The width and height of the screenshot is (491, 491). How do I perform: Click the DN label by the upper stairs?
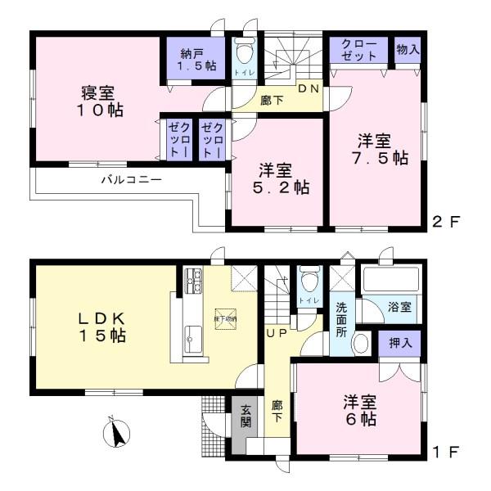click(307, 88)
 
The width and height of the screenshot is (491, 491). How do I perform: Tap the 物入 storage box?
click(407, 48)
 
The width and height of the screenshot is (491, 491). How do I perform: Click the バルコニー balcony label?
click(130, 178)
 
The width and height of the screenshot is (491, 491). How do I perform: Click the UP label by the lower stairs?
click(273, 333)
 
